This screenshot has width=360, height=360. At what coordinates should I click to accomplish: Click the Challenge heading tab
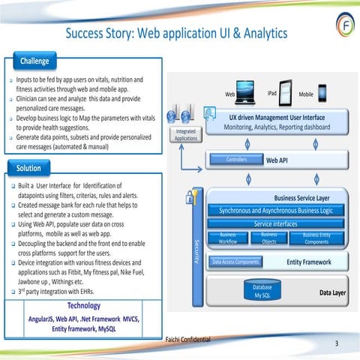point(35,60)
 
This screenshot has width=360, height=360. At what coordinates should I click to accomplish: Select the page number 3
point(337,343)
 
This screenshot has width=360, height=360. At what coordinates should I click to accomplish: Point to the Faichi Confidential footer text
point(187,338)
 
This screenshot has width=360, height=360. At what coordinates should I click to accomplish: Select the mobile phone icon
point(322,93)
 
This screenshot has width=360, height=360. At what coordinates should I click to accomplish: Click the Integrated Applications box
point(185,134)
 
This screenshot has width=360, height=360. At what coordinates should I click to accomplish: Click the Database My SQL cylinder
point(262,291)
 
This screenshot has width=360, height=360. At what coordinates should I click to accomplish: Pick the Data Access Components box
point(236,262)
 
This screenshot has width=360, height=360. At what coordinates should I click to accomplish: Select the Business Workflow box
point(228,238)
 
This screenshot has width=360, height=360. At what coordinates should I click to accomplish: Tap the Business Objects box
point(269,238)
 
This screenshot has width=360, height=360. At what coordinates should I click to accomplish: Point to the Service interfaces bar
point(274,223)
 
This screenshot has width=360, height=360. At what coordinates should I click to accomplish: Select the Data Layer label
point(332,294)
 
